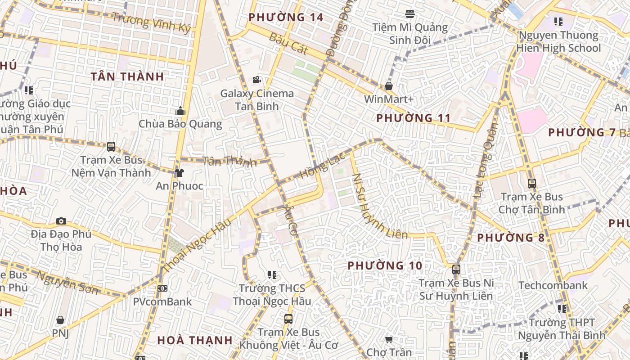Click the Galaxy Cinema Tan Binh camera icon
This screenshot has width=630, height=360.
pyautogui.click(x=256, y=80)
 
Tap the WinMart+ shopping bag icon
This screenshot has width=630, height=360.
pyautogui.click(x=389, y=86)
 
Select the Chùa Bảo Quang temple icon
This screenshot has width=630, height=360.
pyautogui.click(x=180, y=111)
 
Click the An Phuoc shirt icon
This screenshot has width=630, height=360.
pyautogui.click(x=179, y=172)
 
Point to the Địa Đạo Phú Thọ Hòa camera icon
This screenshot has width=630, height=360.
pyautogui.click(x=61, y=221)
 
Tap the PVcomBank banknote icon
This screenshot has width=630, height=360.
pyautogui.click(x=162, y=288)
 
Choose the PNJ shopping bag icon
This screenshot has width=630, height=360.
pyautogui.click(x=60, y=320)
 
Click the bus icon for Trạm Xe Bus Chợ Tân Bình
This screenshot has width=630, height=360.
pyautogui.click(x=532, y=184)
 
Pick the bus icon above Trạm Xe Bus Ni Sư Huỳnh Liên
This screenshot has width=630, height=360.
pyautogui.click(x=456, y=270)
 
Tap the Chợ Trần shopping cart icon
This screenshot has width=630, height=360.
pyautogui.click(x=389, y=339)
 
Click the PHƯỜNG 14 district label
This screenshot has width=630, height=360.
pyautogui.click(x=286, y=18)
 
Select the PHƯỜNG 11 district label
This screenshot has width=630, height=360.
pyautogui.click(x=413, y=118)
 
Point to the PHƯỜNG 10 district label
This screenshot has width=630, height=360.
pyautogui.click(x=385, y=266)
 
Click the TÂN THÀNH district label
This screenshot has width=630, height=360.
pyautogui.click(x=127, y=76)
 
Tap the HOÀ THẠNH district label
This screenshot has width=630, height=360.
pyautogui.click(x=195, y=341)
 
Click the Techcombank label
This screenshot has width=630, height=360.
pyautogui.click(x=553, y=285)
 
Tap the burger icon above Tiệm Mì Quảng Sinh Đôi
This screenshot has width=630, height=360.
pyautogui.click(x=410, y=14)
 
